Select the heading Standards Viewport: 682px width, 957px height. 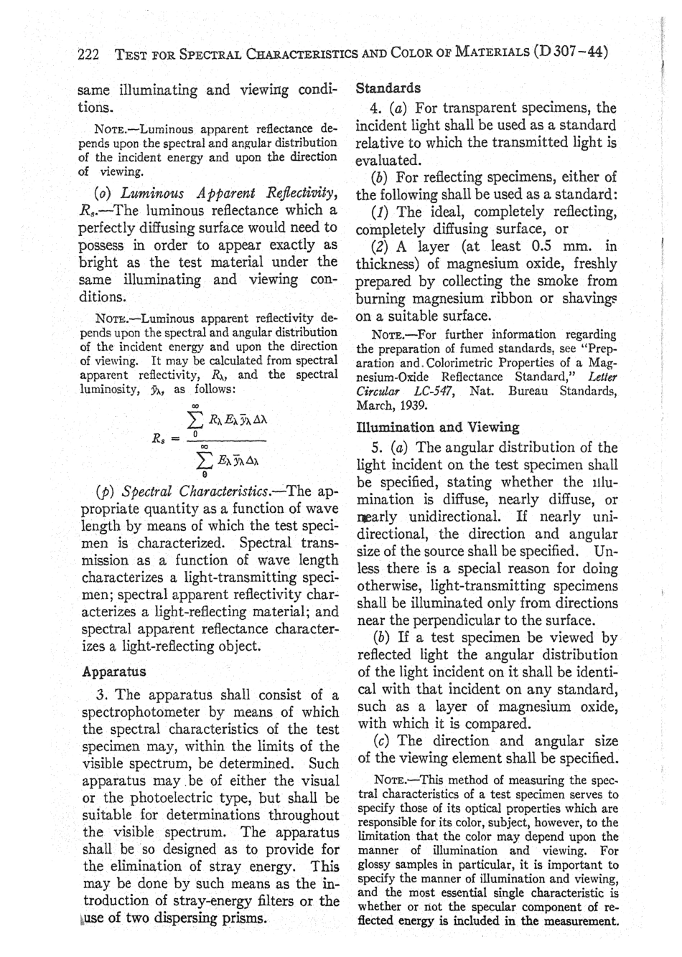click(x=388, y=88)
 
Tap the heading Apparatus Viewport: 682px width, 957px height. click(x=114, y=672)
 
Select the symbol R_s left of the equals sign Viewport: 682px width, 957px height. click(x=162, y=438)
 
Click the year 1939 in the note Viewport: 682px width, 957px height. click(x=406, y=405)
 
